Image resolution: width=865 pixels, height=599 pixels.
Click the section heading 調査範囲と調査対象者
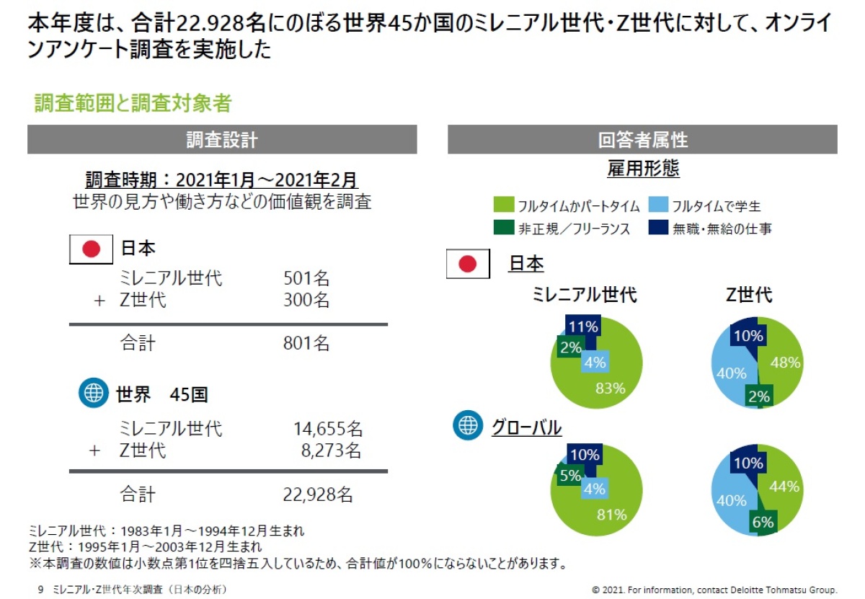point(133,104)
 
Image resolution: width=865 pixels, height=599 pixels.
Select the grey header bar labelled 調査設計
point(222,140)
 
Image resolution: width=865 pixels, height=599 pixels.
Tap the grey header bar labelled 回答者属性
point(642,140)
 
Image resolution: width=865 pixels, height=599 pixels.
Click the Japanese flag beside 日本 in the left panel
point(91,249)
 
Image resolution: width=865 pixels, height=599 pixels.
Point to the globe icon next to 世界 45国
point(93,394)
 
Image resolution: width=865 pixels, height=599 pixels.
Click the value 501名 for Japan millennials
point(306,279)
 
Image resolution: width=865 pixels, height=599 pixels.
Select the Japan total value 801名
point(306,344)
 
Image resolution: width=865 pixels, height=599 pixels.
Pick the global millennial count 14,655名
point(327,430)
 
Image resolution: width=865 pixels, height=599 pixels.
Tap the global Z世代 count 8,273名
point(331,451)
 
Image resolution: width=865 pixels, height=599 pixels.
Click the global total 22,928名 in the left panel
point(317,494)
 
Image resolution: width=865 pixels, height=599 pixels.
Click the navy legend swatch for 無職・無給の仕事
point(658,228)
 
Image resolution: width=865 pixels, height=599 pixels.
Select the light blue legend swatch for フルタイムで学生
point(658,205)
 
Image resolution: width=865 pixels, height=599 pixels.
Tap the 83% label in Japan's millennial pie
point(611,389)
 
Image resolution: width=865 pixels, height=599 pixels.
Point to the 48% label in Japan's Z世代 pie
point(785,363)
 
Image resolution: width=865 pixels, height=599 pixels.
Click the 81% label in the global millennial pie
point(611,515)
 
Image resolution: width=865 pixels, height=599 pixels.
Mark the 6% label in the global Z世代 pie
point(763,522)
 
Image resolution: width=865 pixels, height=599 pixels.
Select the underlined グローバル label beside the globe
point(526,427)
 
